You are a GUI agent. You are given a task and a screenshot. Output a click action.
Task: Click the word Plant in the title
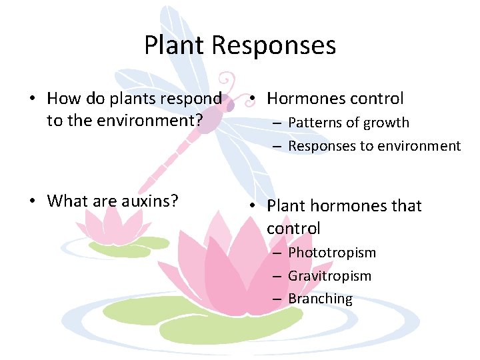(175, 45)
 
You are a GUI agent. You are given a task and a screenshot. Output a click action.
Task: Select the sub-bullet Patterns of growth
(349, 123)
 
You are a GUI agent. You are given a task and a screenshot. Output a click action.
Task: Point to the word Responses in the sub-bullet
(322, 146)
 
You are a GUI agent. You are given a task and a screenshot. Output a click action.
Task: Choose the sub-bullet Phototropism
(332, 253)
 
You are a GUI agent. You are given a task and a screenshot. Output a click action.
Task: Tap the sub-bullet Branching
(320, 299)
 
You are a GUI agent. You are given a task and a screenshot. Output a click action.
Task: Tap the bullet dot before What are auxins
(33, 201)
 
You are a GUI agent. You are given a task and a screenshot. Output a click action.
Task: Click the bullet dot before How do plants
(33, 99)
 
